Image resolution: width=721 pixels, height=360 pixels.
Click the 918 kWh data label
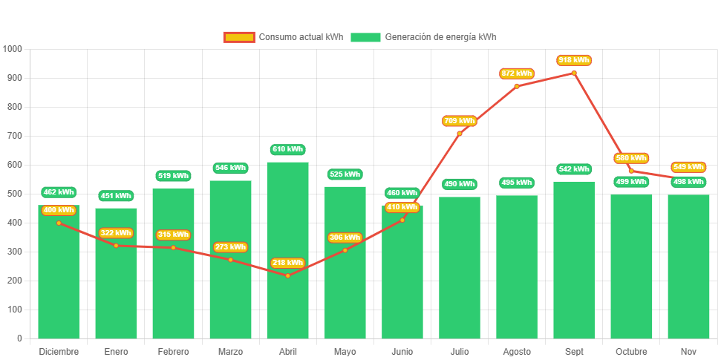(574, 60)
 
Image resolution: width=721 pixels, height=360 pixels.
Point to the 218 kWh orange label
(287, 263)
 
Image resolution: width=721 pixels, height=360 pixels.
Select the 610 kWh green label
(287, 149)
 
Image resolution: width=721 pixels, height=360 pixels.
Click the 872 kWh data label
(517, 73)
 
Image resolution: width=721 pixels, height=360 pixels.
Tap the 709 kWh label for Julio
(459, 120)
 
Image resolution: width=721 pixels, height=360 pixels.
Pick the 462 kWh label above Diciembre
(59, 192)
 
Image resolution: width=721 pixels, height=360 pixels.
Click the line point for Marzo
(230, 260)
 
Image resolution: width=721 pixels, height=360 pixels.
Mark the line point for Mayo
(345, 250)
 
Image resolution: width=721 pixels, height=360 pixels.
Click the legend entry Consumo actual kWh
(283, 37)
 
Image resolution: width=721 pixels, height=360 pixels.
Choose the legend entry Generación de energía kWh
(424, 37)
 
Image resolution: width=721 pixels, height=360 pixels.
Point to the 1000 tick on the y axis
(13, 49)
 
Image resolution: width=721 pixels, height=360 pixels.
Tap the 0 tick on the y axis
(19, 338)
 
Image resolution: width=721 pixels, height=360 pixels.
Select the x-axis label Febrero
(173, 351)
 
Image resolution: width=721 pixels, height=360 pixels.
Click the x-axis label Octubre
(631, 351)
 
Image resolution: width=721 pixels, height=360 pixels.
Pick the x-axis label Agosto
(517, 351)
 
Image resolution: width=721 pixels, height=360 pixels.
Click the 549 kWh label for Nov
(688, 167)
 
